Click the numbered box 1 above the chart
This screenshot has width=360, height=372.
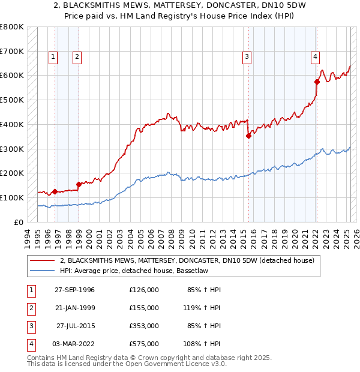[53, 57]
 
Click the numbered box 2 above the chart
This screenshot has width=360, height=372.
[77, 57]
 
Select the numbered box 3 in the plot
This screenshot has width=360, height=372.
[247, 57]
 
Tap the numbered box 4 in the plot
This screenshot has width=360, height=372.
[314, 57]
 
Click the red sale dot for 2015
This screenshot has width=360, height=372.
[248, 136]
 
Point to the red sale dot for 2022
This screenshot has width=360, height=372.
[317, 82]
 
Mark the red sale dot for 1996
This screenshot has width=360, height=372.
[55, 191]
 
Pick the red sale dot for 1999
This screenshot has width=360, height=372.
[79, 184]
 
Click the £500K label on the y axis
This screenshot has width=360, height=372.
[12, 100]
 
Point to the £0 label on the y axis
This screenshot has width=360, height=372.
[19, 222]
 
